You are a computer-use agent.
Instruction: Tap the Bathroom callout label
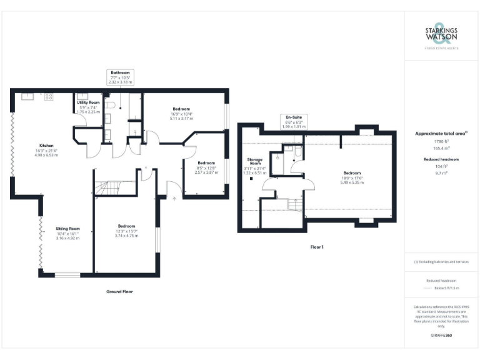pyautogui.click(x=120, y=77)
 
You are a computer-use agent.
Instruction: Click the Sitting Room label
pyautogui.click(x=68, y=233)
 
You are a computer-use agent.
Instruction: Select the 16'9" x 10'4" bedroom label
pyautogui.click(x=181, y=113)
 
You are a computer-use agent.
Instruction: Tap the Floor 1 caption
pyautogui.click(x=316, y=247)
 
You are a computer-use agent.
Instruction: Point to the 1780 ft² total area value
pyautogui.click(x=441, y=142)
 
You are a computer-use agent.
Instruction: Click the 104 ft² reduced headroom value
pyautogui.click(x=441, y=167)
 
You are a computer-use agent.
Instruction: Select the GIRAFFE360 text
pyautogui.click(x=441, y=336)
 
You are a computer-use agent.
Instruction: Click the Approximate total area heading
pyautogui.click(x=441, y=134)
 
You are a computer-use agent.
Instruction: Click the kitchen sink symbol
pyautogui.click(x=27, y=97)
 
